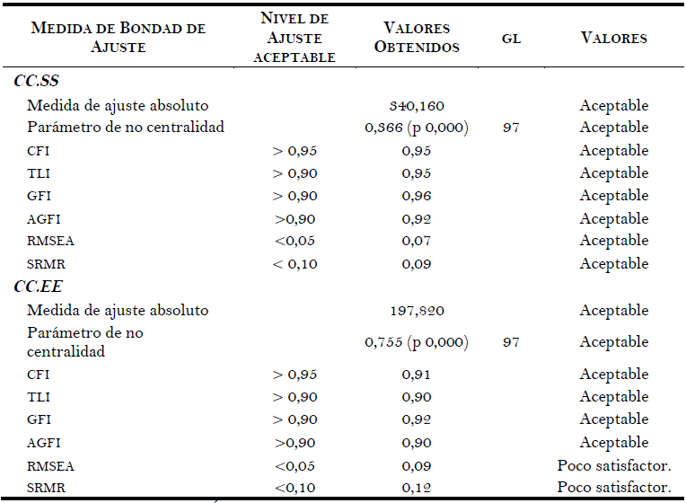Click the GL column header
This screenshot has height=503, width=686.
click(511, 40)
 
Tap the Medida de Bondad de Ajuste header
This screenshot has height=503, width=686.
click(118, 38)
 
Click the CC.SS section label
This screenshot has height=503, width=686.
click(37, 82)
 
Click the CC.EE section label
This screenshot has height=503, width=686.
click(37, 287)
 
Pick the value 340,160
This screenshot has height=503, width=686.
click(418, 105)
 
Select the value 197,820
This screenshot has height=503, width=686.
click(418, 310)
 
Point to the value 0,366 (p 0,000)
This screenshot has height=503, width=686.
click(417, 128)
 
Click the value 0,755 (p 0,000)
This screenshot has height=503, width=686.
click(417, 342)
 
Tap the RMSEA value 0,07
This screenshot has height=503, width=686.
click(418, 241)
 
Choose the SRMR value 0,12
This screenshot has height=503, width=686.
click(418, 488)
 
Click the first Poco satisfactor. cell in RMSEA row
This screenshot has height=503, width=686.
click(613, 465)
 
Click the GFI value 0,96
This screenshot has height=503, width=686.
click(418, 196)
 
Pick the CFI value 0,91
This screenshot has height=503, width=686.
click(418, 375)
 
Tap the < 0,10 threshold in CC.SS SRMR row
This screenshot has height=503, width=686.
click(295, 264)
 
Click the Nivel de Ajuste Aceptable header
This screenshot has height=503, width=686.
click(295, 38)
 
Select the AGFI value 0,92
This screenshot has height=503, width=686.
click(418, 218)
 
